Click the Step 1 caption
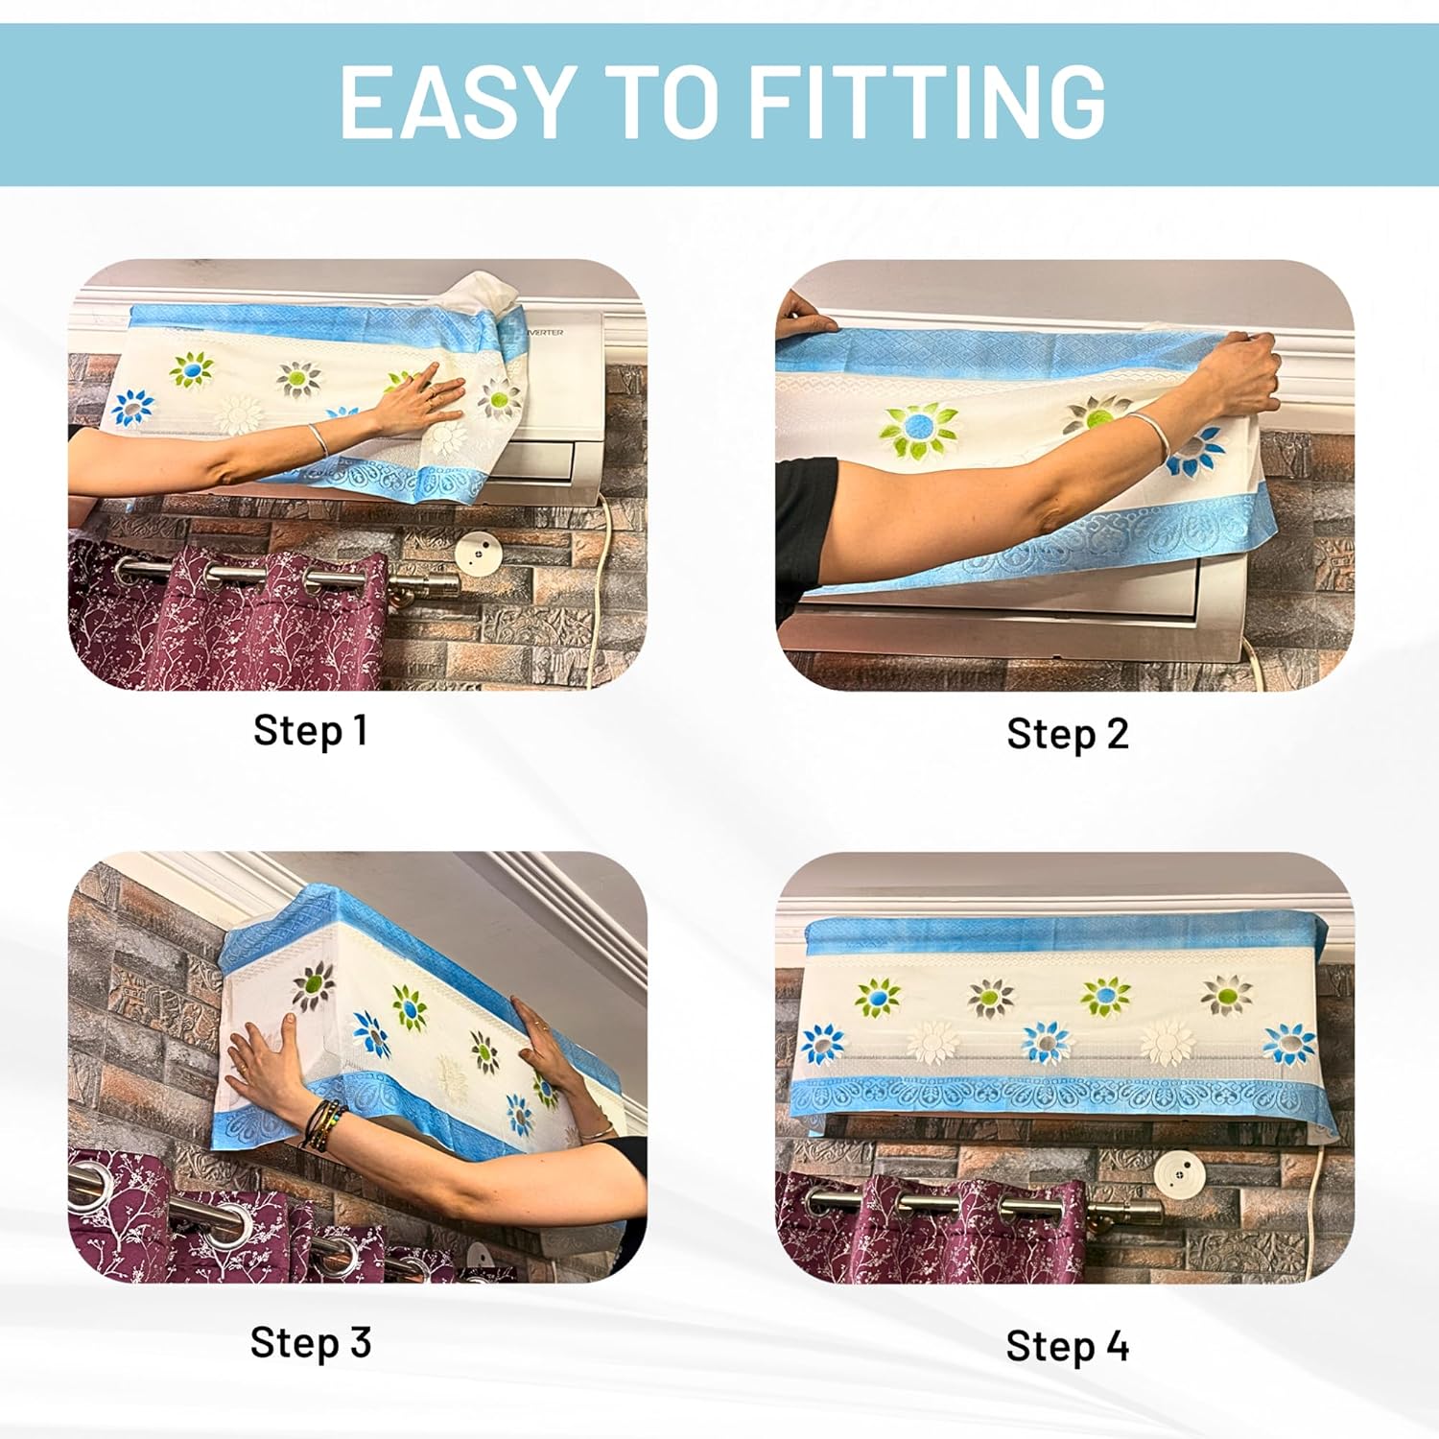(x=310, y=730)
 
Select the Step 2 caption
(x=1067, y=734)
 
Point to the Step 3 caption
(x=310, y=1342)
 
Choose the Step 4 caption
(x=1067, y=1346)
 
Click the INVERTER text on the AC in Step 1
(x=544, y=332)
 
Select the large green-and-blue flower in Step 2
(x=917, y=430)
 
